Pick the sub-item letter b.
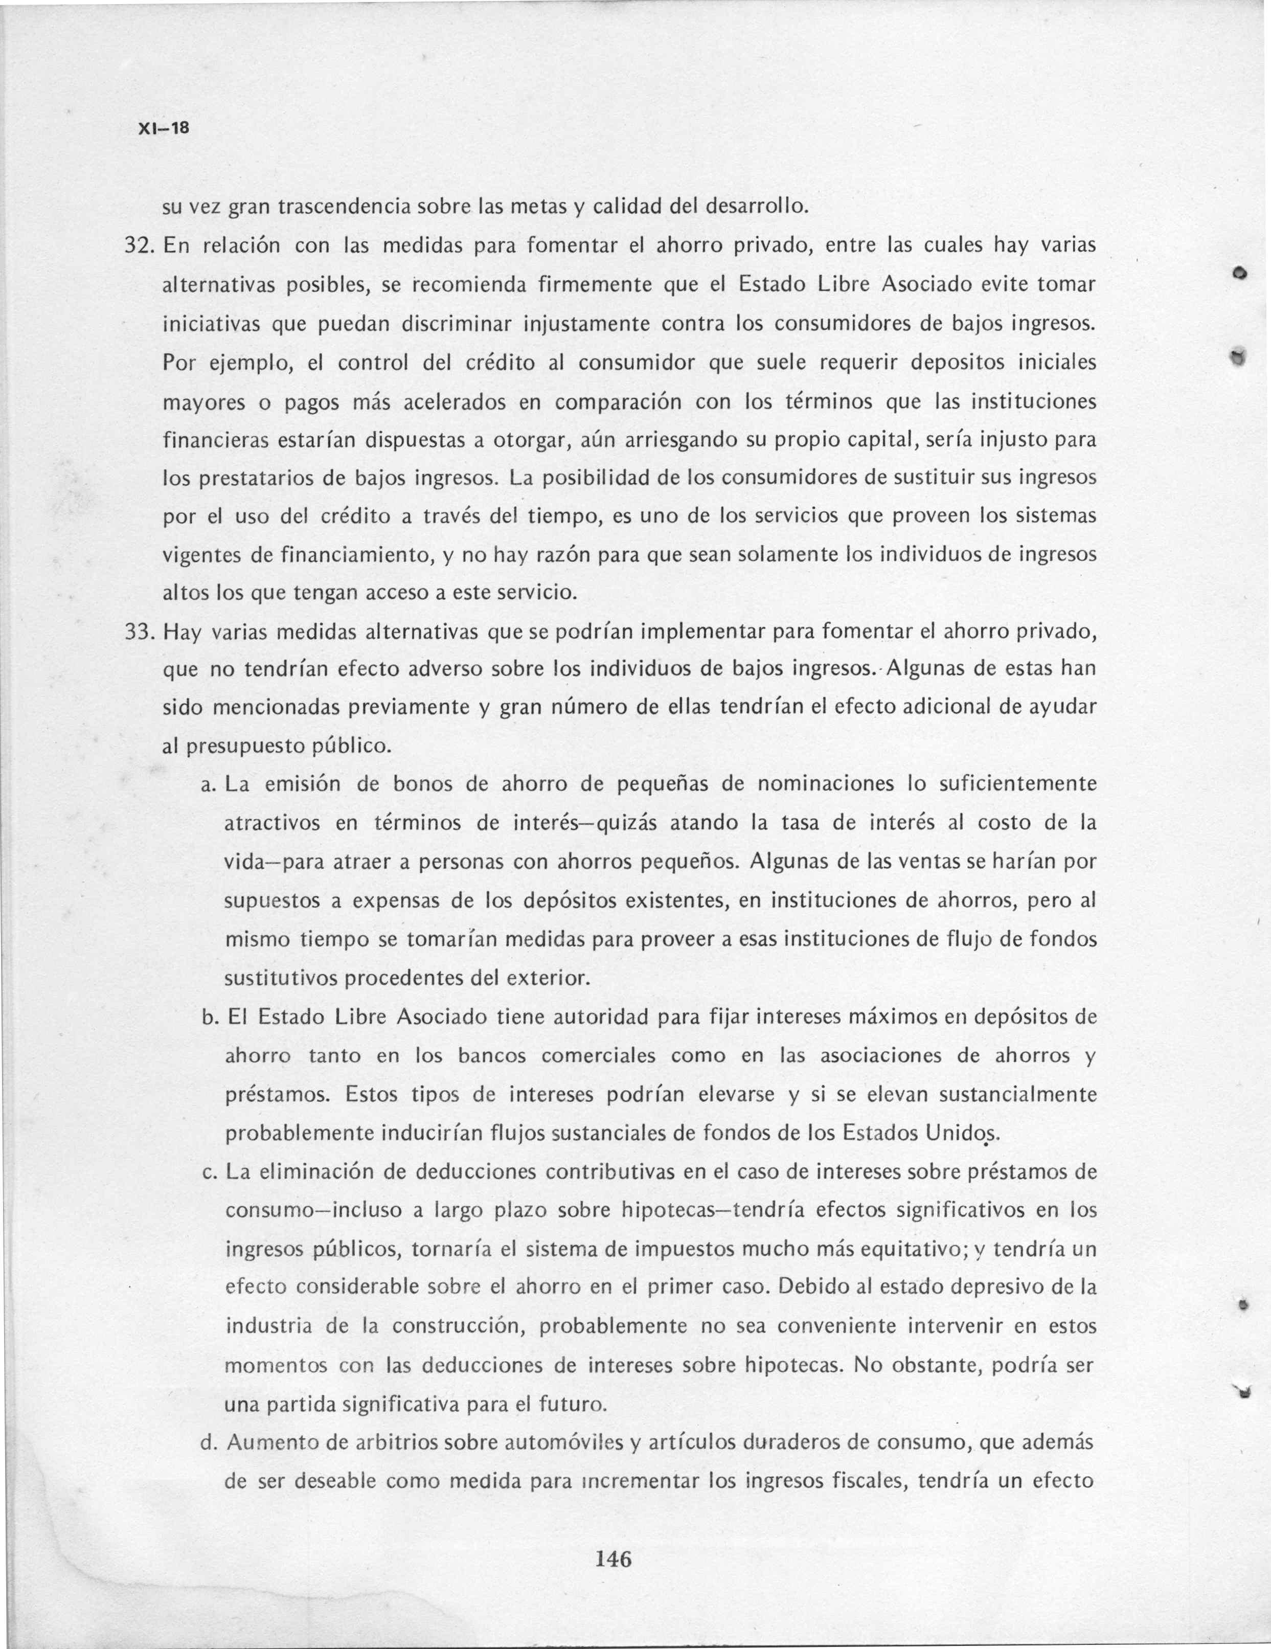210,1017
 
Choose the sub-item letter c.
210,1172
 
